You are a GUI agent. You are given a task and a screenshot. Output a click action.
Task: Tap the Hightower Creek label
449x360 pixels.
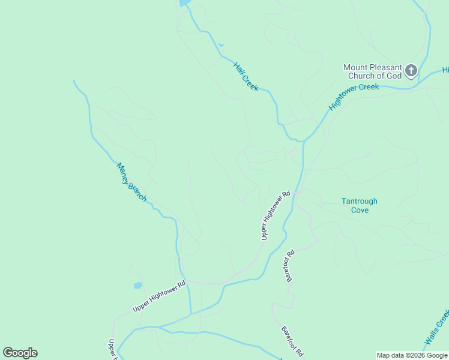click(x=354, y=97)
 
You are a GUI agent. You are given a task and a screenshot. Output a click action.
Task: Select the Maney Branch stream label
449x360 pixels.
click(x=131, y=182)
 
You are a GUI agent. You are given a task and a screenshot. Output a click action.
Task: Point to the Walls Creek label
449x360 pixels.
click(x=437, y=329)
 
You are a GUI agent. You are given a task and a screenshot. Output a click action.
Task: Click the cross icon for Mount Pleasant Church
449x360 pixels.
click(x=411, y=71)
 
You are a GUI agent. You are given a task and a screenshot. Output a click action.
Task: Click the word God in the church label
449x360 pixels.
click(x=393, y=76)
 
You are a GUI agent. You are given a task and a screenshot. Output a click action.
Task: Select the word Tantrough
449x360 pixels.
click(x=360, y=202)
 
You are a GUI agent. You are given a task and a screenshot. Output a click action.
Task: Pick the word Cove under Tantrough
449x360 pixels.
click(x=360, y=210)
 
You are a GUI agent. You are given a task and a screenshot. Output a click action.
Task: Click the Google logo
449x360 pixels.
click(x=20, y=353)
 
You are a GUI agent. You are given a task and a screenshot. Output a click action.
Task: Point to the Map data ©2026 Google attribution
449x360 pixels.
click(x=412, y=355)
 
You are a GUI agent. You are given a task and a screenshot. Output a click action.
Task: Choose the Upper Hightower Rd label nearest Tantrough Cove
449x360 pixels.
click(x=276, y=215)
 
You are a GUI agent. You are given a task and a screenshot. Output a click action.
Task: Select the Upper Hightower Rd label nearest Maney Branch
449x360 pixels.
click(x=160, y=296)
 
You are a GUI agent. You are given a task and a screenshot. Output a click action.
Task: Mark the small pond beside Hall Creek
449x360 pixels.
click(x=221, y=45)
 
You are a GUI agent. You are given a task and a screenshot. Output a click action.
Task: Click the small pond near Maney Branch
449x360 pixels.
click(x=138, y=286)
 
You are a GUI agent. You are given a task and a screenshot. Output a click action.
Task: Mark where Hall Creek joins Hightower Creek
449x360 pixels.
click(x=303, y=142)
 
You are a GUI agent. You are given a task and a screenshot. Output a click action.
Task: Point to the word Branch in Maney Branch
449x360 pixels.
click(x=137, y=190)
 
